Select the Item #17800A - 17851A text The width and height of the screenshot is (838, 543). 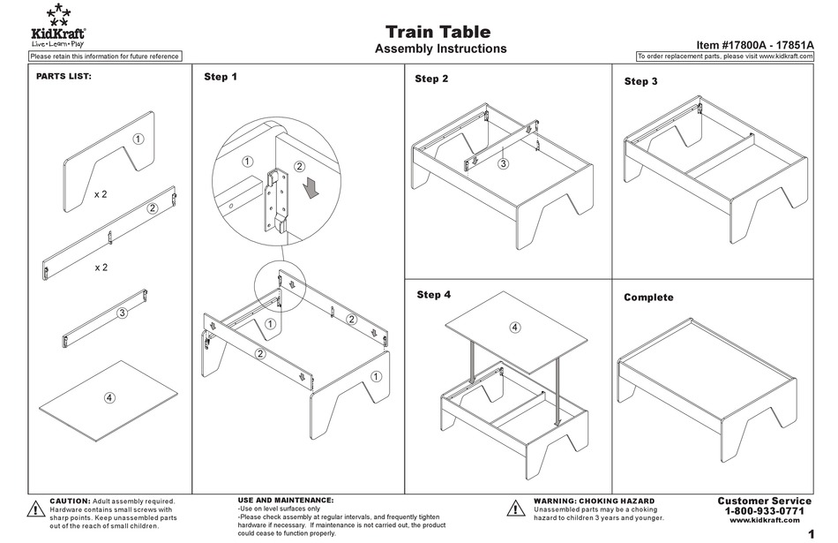(753, 43)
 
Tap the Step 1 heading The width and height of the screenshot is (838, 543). (221, 77)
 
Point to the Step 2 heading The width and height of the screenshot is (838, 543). (431, 79)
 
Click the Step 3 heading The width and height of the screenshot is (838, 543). (640, 81)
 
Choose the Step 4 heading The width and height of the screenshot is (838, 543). (434, 295)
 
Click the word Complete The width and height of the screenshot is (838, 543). (648, 298)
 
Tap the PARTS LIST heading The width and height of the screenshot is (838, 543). (64, 77)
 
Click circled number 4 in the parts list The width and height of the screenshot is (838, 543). (109, 397)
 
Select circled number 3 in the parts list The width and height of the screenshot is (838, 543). (123, 313)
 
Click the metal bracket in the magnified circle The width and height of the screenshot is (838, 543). (278, 199)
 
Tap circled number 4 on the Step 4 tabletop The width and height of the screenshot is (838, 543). (515, 328)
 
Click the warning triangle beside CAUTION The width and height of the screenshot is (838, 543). (35, 509)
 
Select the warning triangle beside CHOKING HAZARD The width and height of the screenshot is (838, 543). (517, 509)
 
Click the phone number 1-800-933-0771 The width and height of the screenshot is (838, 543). (764, 511)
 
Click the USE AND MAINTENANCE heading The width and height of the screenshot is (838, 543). (286, 500)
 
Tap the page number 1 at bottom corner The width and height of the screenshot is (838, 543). (810, 533)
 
